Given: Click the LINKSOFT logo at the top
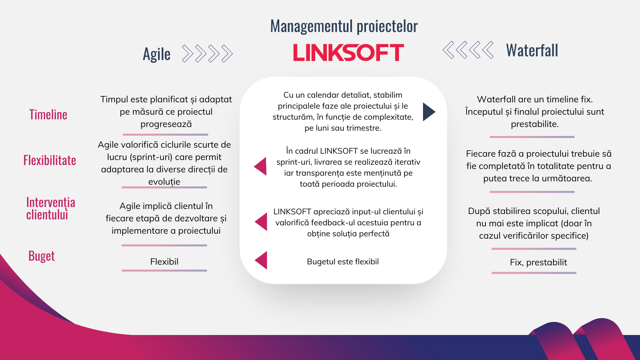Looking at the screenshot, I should pos(348,53).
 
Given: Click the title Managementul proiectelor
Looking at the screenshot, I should pos(344,26).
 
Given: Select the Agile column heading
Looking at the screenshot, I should pos(156,54).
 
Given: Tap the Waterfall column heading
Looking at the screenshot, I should pos(532,51).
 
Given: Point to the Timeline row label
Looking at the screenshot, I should pos(48,115).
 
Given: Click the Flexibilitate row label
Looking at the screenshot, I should pos(50,160).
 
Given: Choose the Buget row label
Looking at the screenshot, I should pos(41,256).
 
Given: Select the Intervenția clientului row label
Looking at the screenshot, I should pos(50,208).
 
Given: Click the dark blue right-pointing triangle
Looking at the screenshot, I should pos(428,112).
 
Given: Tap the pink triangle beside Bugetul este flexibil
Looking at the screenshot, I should pos(262,260).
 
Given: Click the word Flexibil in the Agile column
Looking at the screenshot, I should pos(164,262).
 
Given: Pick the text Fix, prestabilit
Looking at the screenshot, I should pos(538,262).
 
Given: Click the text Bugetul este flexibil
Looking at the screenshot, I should pos(343,262).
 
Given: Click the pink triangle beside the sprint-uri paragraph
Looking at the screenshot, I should pos(261,166).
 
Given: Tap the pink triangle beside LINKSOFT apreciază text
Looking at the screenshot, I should pos(262,222).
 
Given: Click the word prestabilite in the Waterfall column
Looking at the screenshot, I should pos(534,124).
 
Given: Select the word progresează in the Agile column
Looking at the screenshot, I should pos(166,124).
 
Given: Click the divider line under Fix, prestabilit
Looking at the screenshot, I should pos(534,273).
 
